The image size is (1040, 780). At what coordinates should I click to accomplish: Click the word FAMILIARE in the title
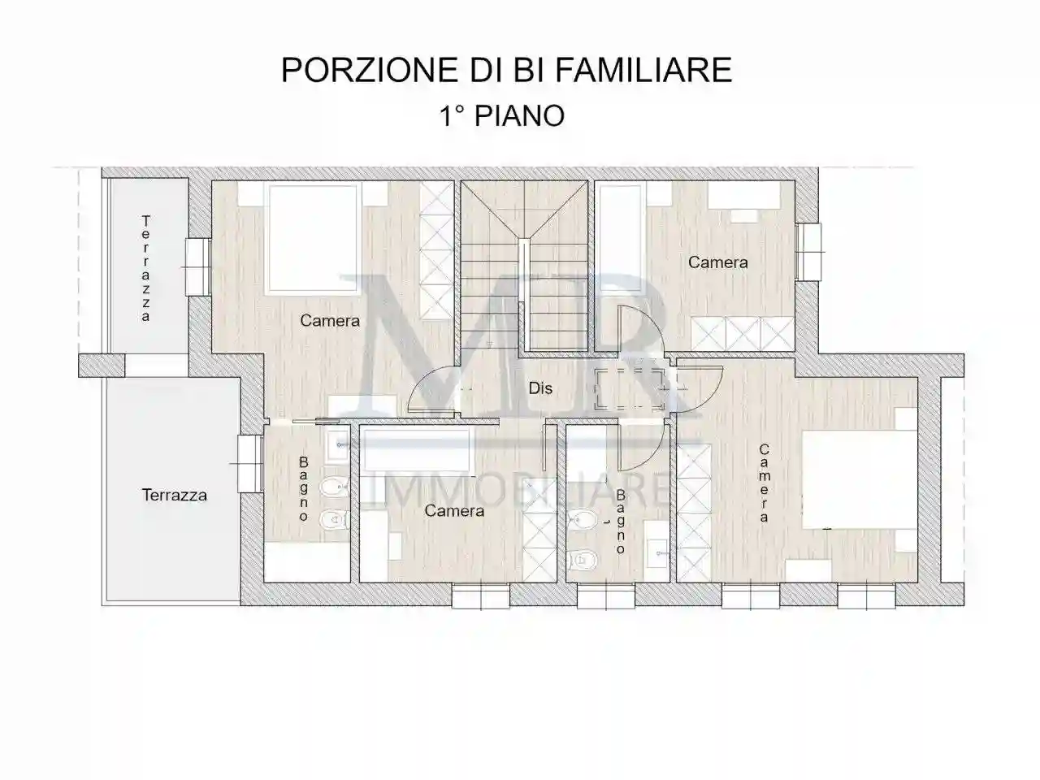[643, 70]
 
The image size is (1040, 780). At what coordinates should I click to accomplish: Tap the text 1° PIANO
[502, 115]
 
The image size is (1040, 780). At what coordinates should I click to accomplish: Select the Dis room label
[540, 388]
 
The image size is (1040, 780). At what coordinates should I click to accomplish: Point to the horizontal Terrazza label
[174, 494]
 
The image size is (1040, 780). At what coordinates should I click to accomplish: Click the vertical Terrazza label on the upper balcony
[146, 268]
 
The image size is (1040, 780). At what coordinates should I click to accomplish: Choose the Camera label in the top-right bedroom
[717, 262]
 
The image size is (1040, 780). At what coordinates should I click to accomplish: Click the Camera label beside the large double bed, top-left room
[330, 320]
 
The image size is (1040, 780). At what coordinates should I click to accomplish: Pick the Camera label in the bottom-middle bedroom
[454, 510]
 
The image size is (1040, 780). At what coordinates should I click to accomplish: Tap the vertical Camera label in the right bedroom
[765, 483]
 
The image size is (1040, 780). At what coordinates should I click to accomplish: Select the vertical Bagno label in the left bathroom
[304, 488]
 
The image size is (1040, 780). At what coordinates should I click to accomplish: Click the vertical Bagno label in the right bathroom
[621, 521]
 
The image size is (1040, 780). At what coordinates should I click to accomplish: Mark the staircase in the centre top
[525, 264]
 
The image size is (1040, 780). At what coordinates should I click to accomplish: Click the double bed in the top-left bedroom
[314, 237]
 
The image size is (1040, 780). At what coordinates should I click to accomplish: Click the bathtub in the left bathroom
[307, 562]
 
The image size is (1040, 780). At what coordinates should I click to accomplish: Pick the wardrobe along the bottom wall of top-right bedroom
[739, 332]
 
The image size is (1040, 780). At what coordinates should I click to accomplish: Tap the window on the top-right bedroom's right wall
[808, 251]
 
